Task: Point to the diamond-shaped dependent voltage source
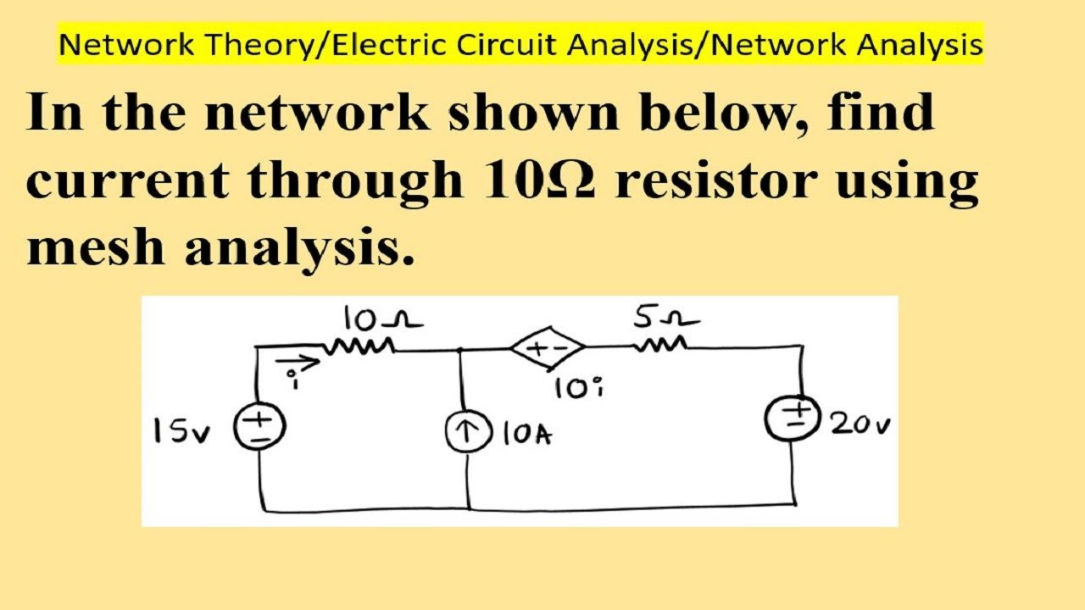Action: [547, 347]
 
